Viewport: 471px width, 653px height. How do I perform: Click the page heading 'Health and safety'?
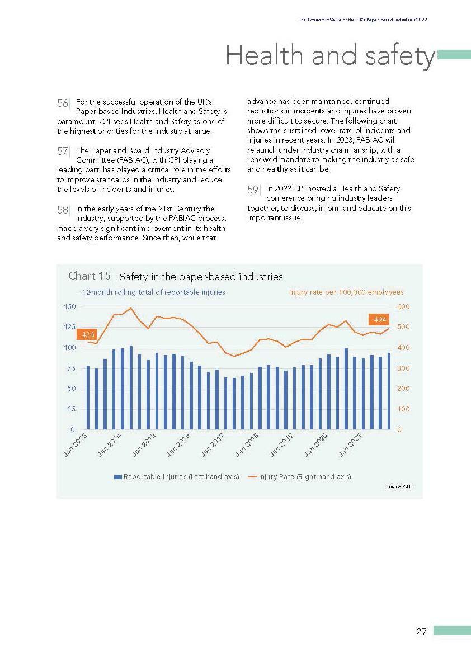pyautogui.click(x=330, y=56)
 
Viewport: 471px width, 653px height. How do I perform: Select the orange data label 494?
pyautogui.click(x=380, y=319)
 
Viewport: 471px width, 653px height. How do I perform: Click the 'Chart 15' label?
pyautogui.click(x=89, y=276)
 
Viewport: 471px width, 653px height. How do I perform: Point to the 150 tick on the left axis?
pyautogui.click(x=69, y=306)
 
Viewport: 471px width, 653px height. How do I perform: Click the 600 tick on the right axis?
pyautogui.click(x=403, y=306)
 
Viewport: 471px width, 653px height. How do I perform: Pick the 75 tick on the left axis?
pyautogui.click(x=71, y=368)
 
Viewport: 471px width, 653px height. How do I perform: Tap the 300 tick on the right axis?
pyautogui.click(x=403, y=368)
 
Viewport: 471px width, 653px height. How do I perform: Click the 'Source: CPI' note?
pyautogui.click(x=398, y=487)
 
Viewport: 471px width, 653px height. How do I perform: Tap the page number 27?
pyautogui.click(x=421, y=632)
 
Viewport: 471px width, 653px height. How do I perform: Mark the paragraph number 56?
pyautogui.click(x=63, y=103)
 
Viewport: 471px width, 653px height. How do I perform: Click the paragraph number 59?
pyautogui.click(x=253, y=190)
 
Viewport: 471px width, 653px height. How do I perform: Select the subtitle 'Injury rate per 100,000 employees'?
pyautogui.click(x=346, y=292)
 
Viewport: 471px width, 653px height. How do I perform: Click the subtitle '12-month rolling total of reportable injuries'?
pyautogui.click(x=154, y=292)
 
